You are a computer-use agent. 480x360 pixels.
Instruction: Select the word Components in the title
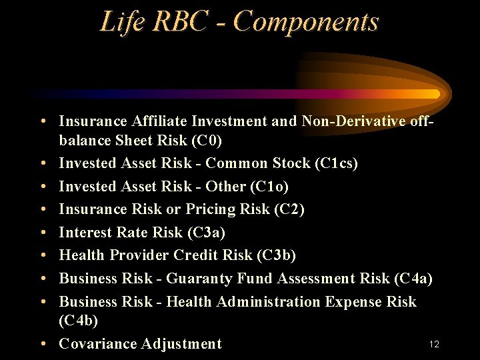point(306,21)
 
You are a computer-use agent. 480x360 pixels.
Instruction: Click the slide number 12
point(434,344)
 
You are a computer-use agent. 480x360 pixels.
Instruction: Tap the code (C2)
point(289,209)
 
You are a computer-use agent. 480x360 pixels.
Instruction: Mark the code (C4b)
point(79,321)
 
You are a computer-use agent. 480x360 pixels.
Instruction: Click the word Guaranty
point(197,279)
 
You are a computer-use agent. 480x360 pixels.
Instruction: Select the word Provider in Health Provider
point(140,255)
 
